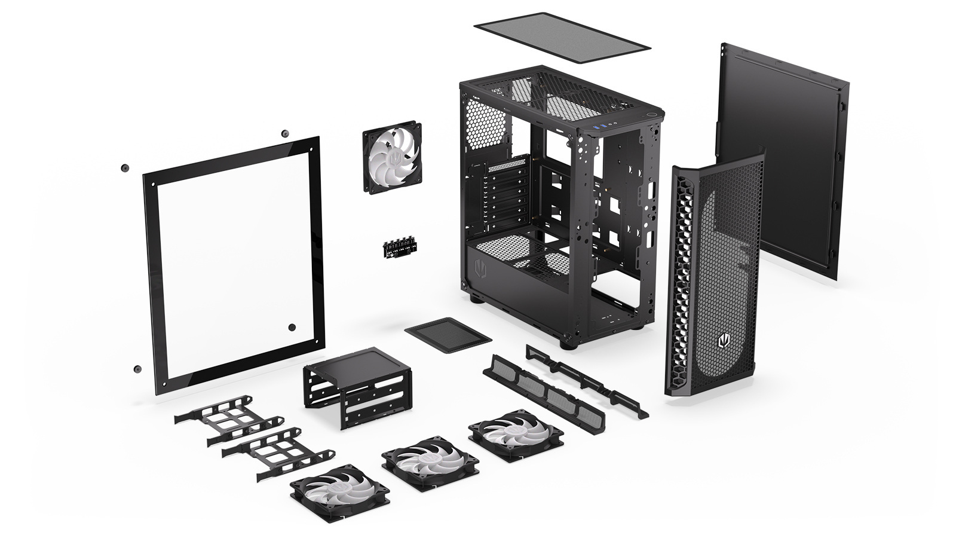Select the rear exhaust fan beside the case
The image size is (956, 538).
tap(392, 158)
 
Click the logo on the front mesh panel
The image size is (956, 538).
tap(724, 342)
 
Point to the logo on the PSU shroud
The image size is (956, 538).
tap(480, 269)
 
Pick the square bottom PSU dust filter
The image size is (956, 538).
tap(448, 335)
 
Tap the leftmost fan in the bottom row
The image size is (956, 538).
tap(339, 493)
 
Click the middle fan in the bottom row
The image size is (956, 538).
tap(430, 463)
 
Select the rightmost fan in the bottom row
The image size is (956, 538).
tap(516, 435)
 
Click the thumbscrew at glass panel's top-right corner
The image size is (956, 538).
tap(283, 133)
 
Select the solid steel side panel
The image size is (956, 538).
tap(783, 158)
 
